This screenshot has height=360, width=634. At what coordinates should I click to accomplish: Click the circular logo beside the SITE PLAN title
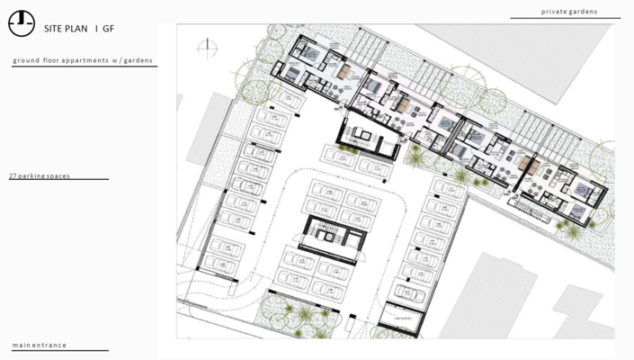pos(22,24)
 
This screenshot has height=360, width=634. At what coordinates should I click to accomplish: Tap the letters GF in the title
pos(109,28)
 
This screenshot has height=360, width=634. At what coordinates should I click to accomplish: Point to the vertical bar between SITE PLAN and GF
pos(96,28)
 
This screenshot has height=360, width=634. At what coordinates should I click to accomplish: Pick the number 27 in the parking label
pos(13,175)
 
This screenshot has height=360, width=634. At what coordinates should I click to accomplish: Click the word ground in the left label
pos(26,61)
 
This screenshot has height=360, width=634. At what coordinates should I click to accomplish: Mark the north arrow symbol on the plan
pos(209,45)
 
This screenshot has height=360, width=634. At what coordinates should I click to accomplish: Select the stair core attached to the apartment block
pos(364,139)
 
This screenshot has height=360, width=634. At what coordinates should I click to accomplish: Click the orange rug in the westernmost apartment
pos(344,69)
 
